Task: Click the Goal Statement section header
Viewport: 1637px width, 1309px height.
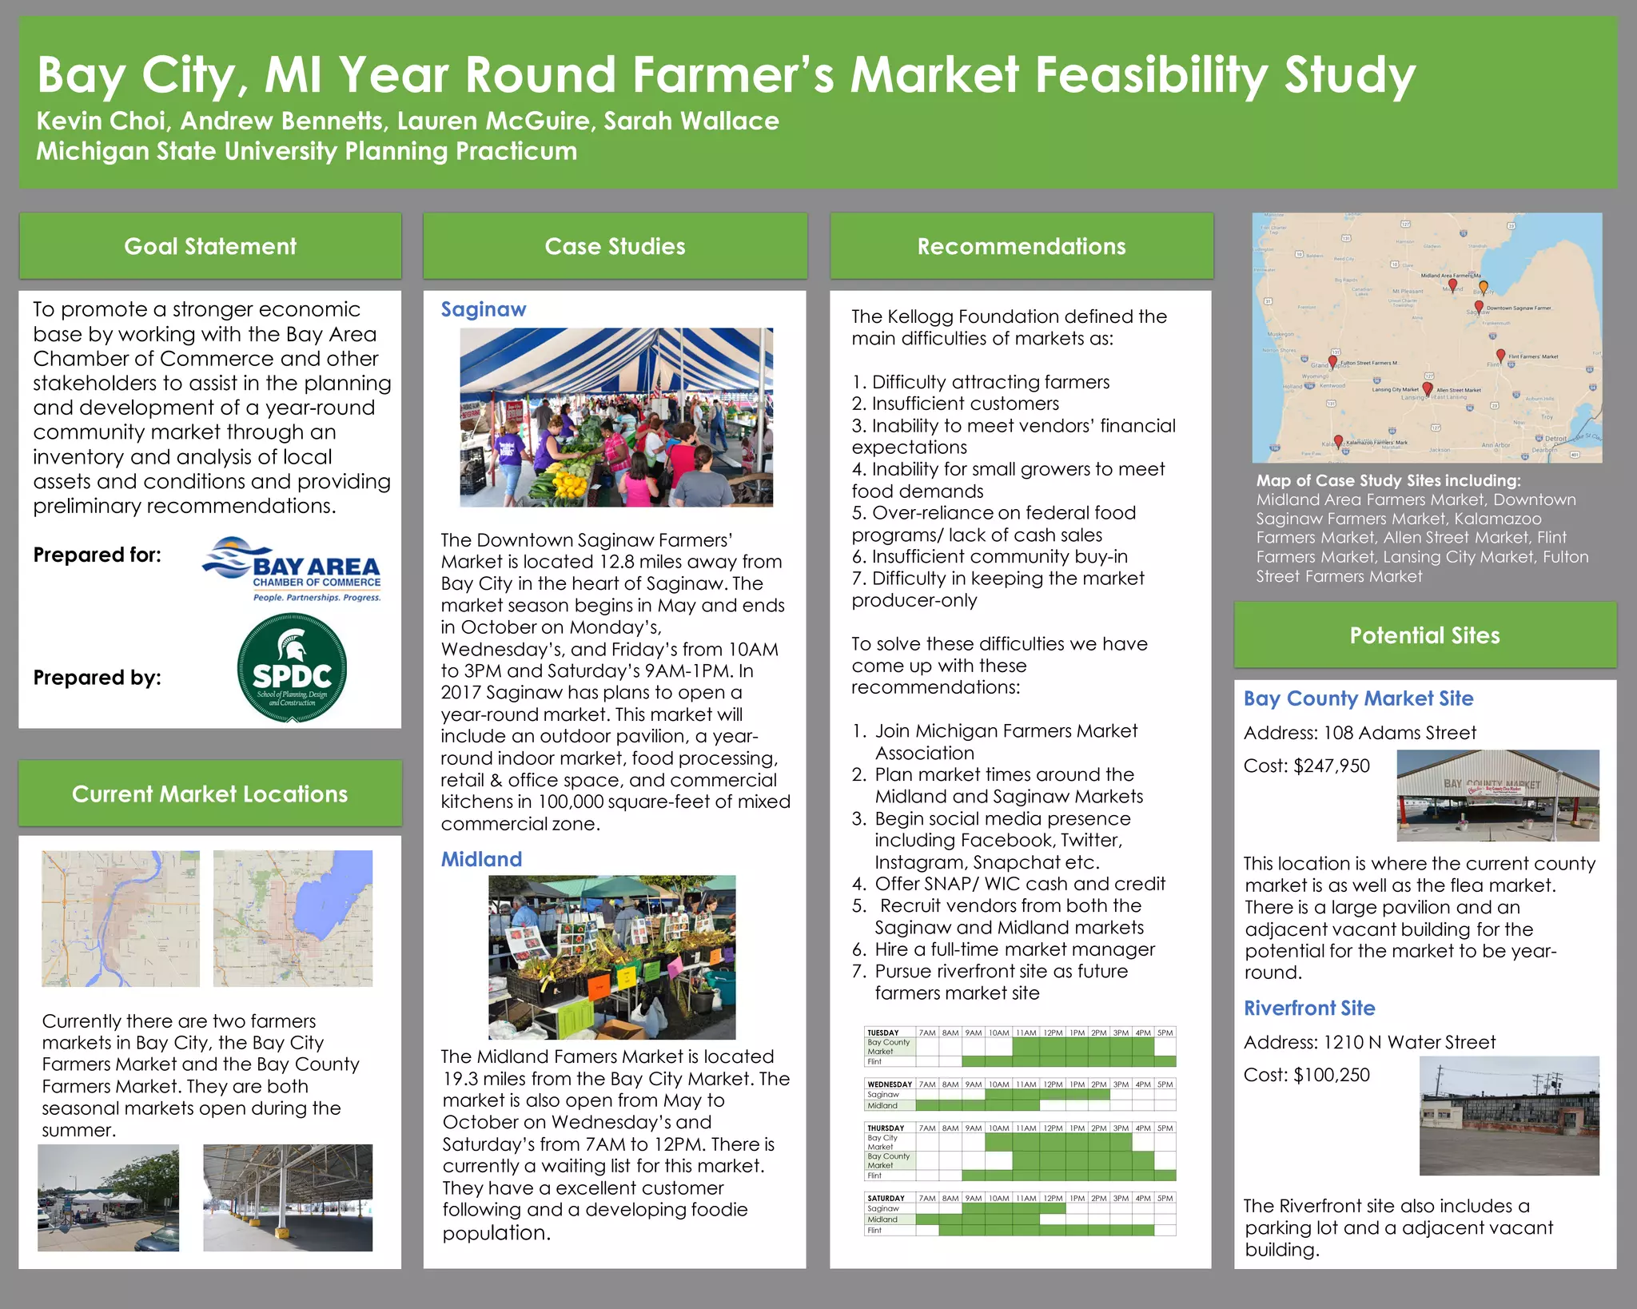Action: [210, 246]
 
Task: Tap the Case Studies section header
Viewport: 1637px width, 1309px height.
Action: [615, 246]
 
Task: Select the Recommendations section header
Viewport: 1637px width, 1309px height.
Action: [1021, 246]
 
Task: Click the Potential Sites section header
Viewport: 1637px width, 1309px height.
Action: [1424, 635]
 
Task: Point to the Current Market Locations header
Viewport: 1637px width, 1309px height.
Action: [209, 794]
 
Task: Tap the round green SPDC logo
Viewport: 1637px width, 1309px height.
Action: [292, 668]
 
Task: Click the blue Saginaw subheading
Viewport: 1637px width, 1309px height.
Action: [484, 309]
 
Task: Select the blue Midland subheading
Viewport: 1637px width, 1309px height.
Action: [481, 859]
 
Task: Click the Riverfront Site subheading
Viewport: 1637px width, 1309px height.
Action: [1309, 1008]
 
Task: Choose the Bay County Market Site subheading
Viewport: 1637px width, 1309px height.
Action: [1358, 698]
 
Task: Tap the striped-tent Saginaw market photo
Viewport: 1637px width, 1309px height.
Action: [616, 417]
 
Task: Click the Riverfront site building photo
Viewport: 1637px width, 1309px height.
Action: [1509, 1116]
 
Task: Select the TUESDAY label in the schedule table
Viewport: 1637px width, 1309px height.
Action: [883, 1032]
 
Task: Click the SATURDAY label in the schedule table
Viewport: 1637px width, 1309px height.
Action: [886, 1198]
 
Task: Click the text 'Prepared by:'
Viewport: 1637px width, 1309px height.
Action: [98, 678]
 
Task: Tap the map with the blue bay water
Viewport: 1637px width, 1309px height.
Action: [293, 918]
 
